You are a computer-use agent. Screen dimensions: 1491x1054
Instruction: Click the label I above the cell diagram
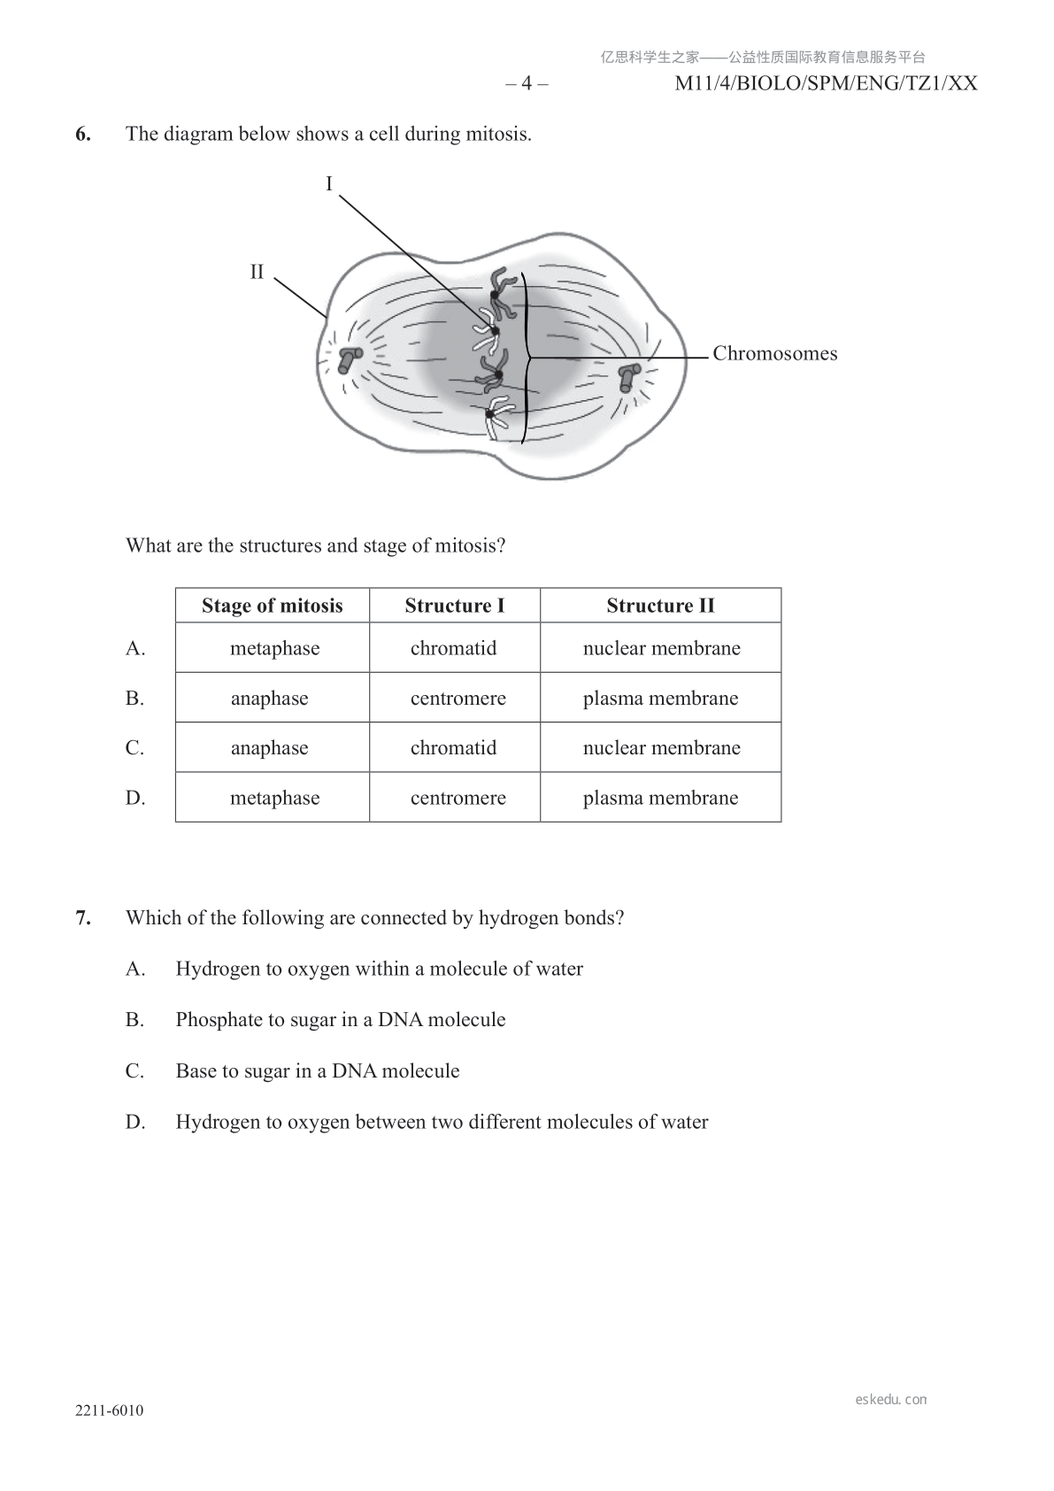pyautogui.click(x=329, y=184)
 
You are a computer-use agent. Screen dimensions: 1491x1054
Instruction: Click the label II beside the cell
pyautogui.click(x=257, y=272)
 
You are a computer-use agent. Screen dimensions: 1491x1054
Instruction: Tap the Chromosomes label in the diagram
pyautogui.click(x=774, y=354)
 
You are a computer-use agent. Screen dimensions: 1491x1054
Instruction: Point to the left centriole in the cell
pyautogui.click(x=350, y=359)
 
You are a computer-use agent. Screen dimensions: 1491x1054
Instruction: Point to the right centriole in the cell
pyautogui.click(x=629, y=376)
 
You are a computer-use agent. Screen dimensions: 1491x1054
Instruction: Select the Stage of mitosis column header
pyautogui.click(x=272, y=606)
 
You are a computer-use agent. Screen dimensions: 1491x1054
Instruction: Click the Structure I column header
pyautogui.click(x=454, y=606)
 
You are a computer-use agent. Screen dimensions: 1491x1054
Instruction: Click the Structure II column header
pyautogui.click(x=660, y=606)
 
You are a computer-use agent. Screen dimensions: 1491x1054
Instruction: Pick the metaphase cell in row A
pyautogui.click(x=274, y=648)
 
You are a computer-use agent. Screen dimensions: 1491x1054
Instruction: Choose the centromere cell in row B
pyautogui.click(x=458, y=699)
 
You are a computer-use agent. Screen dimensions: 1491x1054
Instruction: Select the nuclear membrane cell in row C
pyautogui.click(x=661, y=748)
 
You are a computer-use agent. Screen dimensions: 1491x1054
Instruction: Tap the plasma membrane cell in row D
pyautogui.click(x=660, y=798)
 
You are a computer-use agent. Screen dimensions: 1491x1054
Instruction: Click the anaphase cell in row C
pyautogui.click(x=269, y=748)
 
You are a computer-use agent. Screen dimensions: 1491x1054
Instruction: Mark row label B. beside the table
pyautogui.click(x=135, y=699)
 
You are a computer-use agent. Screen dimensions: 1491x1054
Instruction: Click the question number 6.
pyautogui.click(x=83, y=135)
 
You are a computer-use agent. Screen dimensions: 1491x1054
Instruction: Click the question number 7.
pyautogui.click(x=83, y=918)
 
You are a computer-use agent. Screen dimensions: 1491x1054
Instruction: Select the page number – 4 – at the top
pyautogui.click(x=527, y=84)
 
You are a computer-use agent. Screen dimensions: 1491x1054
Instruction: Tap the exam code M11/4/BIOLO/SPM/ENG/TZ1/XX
pyautogui.click(x=826, y=84)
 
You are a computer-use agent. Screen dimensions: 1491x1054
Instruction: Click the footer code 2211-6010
pyautogui.click(x=109, y=1411)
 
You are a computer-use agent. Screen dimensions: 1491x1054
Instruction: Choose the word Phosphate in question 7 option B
pyautogui.click(x=217, y=1020)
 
